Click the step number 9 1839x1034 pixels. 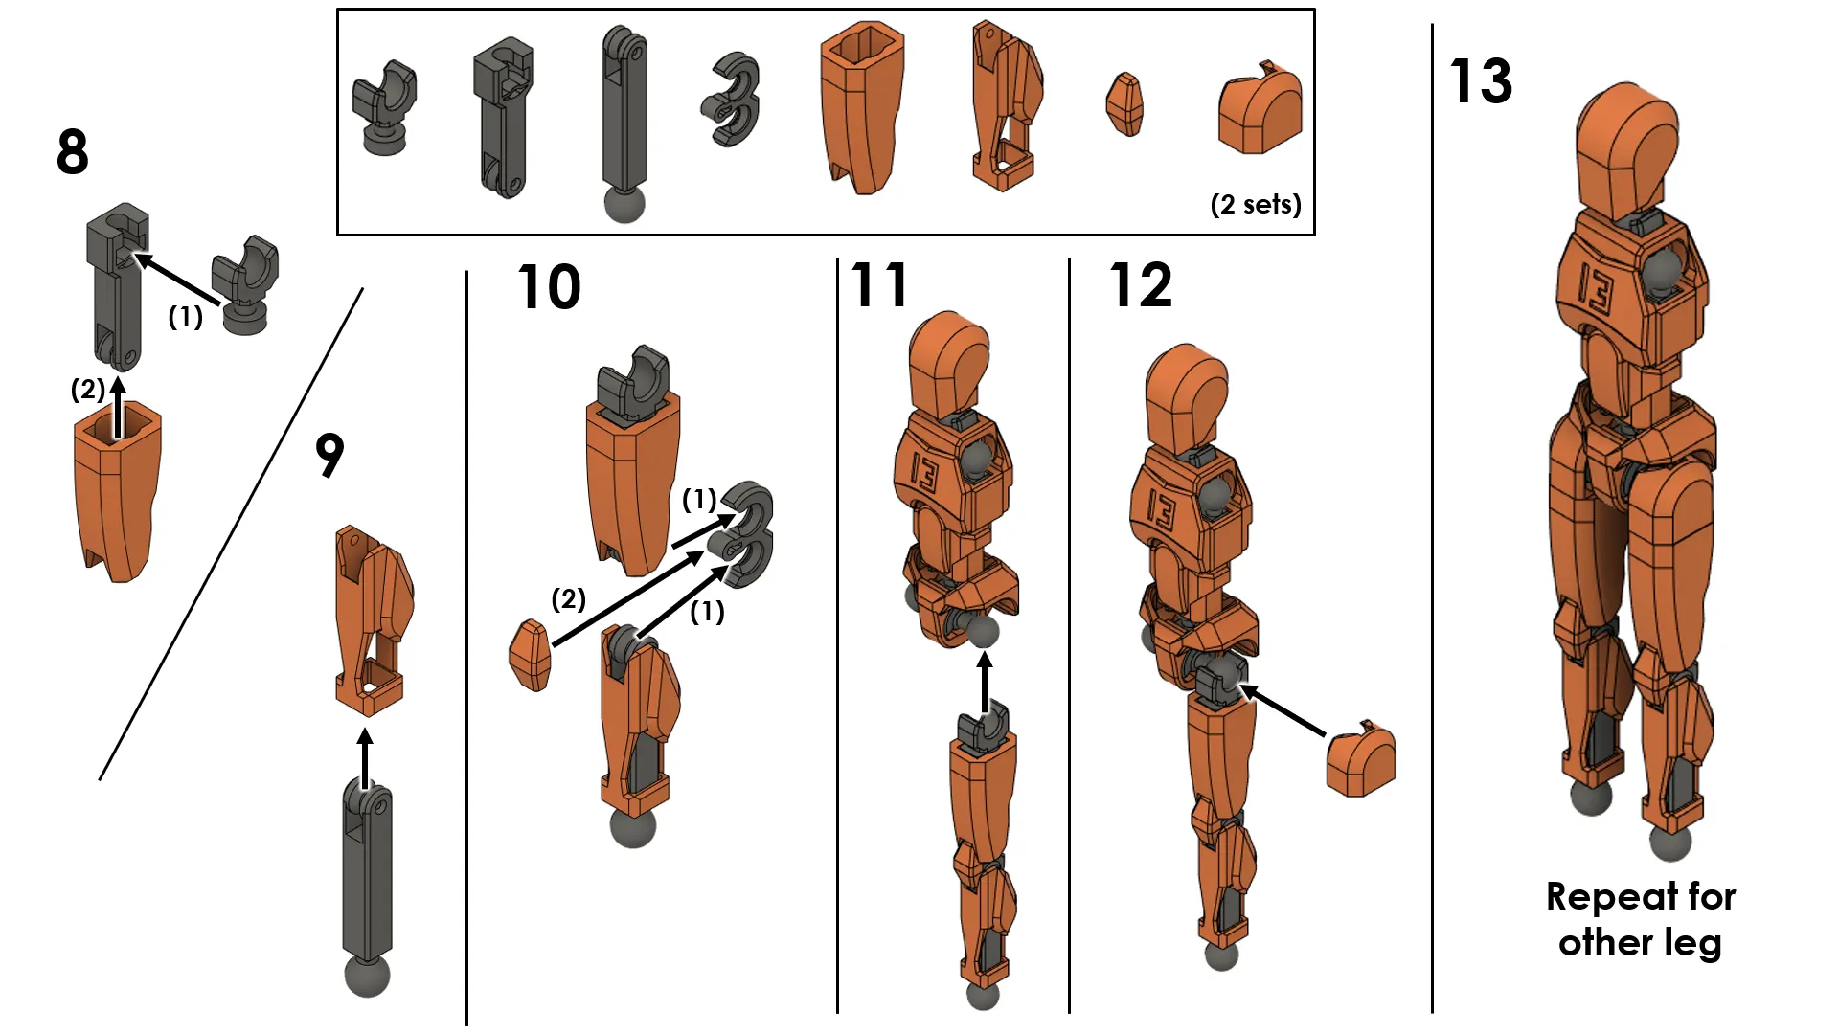coord(329,455)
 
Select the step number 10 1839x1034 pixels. coord(549,286)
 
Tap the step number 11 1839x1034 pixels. coord(879,284)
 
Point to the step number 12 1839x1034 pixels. coord(1140,284)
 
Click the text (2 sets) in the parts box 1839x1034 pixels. coord(1256,204)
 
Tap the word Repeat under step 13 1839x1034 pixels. coord(1611,897)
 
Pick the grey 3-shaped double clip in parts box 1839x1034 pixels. coord(732,100)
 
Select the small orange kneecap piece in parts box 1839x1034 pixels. coord(1124,104)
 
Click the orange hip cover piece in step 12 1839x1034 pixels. coord(1361,761)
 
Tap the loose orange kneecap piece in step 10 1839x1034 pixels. coord(530,656)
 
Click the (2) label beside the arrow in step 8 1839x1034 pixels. coord(87,390)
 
